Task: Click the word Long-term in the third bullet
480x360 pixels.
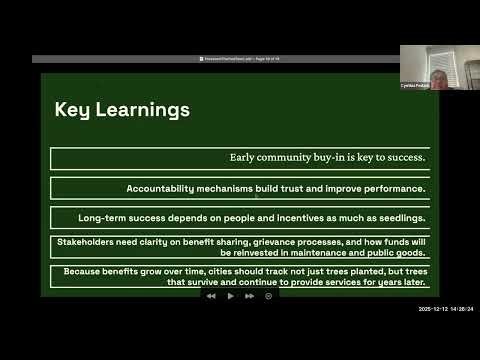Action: click(103, 217)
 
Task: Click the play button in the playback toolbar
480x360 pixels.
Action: click(231, 296)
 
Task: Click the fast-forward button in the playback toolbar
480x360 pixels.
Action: click(250, 296)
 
